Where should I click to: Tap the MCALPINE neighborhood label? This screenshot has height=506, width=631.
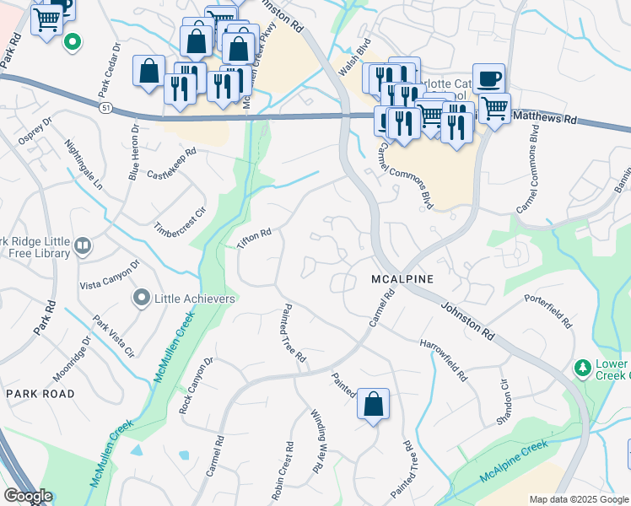click(402, 279)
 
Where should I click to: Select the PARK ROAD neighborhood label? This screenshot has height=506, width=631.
click(40, 394)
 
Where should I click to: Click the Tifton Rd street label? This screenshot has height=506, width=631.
click(254, 238)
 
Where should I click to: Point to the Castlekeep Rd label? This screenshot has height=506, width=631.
click(171, 164)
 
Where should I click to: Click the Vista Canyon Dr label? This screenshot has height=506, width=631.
click(109, 275)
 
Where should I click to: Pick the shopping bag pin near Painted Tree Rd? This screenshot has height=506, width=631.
click(373, 403)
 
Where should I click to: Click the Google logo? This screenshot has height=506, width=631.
click(28, 497)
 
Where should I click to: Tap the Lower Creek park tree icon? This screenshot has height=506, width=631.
click(581, 368)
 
